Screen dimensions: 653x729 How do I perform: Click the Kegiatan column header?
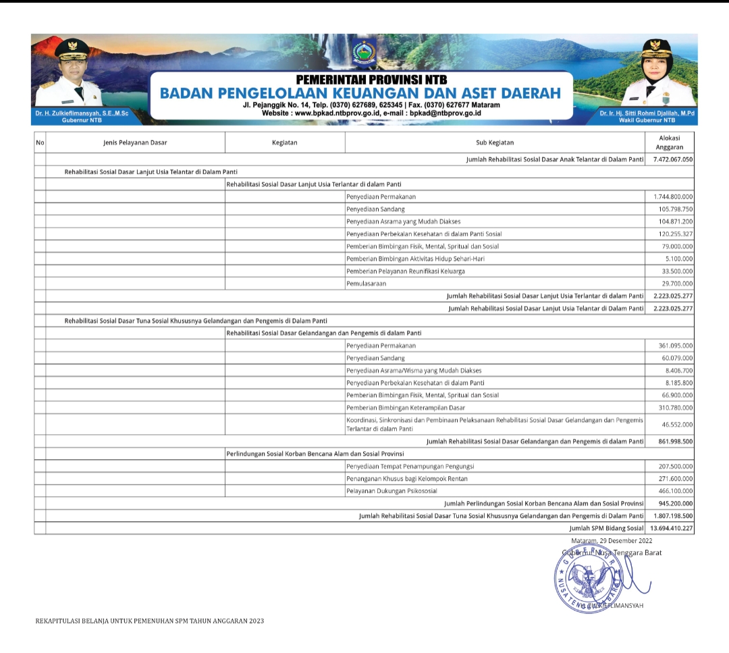(285, 142)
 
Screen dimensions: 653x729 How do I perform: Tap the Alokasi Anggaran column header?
(669, 142)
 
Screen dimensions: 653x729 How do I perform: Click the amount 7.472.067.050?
(673, 159)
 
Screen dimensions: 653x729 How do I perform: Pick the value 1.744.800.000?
(673, 197)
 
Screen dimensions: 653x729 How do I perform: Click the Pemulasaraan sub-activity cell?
(367, 284)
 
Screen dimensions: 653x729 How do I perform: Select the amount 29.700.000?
(677, 284)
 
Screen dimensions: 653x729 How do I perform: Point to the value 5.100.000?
(680, 259)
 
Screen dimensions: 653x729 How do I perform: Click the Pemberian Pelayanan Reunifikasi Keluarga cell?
(405, 271)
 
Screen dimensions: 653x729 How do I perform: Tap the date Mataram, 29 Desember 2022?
(612, 541)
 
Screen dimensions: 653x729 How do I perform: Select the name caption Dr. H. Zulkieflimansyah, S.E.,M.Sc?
(82, 113)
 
